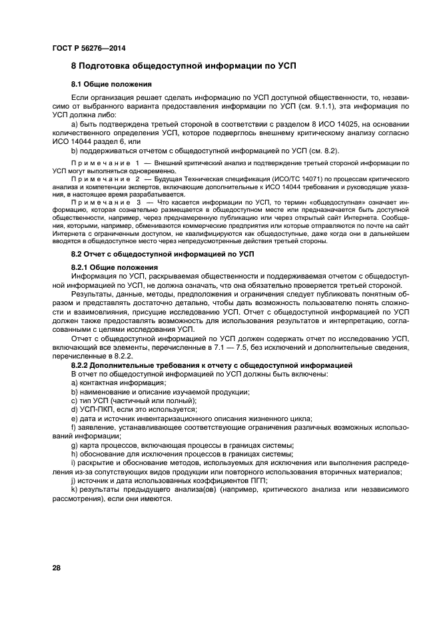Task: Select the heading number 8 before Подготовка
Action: [75, 68]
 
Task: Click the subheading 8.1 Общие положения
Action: [111, 85]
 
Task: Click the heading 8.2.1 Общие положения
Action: [115, 267]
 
